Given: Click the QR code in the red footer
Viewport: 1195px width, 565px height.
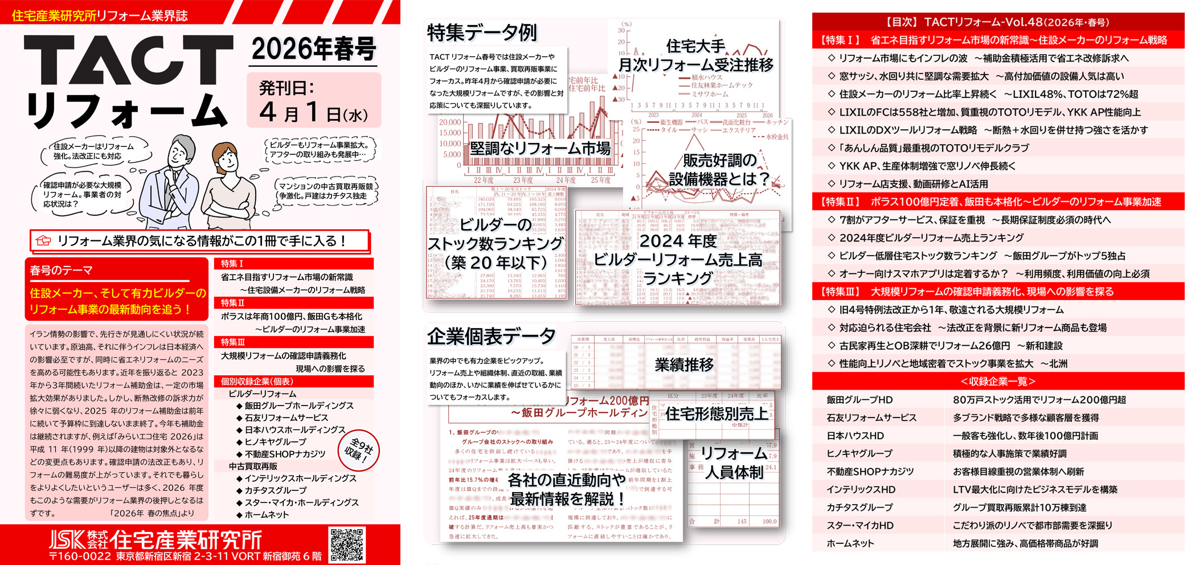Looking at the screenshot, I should pos(346,545).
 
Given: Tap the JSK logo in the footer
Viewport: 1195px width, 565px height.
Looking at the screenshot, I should pos(67,539).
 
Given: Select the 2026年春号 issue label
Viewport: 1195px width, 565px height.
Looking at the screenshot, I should pos(314,50).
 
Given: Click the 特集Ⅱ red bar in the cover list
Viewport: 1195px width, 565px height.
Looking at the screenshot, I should pos(293,303).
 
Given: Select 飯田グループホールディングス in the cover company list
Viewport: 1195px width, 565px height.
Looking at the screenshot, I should pos(298,406).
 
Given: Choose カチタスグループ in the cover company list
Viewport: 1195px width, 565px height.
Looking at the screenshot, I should pos(275,490).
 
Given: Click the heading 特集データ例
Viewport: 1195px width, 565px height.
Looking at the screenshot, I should pos(482,32).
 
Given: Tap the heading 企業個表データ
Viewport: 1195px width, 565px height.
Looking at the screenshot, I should pos(491,337).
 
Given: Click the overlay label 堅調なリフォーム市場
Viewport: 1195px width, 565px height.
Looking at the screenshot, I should pos(539,149).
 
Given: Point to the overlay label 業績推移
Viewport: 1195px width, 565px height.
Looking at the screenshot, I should pos(684,365).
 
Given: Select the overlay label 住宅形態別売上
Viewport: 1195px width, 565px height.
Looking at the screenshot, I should pos(716,413).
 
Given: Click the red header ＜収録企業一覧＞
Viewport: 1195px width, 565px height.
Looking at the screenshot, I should pos(997,381).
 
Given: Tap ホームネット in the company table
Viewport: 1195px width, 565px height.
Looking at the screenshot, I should pos(850,543).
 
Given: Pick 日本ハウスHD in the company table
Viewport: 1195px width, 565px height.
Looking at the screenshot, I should pos(855,436).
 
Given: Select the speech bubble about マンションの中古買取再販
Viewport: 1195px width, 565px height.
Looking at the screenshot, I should pos(326,191).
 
